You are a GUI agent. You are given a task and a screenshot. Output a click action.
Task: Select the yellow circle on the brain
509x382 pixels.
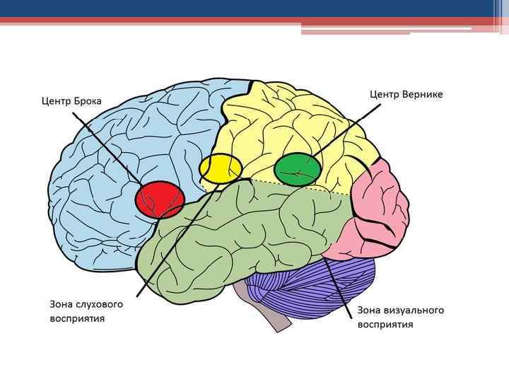point(221,169)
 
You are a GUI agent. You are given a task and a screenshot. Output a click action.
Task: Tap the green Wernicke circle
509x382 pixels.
point(298,169)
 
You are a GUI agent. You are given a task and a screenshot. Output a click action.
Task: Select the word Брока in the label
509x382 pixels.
point(87,101)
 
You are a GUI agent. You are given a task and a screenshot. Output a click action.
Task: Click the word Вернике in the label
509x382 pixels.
point(423,94)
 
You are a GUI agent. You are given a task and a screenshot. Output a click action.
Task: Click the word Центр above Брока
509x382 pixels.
point(56,101)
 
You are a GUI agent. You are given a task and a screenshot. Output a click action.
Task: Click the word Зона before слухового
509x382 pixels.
point(59,304)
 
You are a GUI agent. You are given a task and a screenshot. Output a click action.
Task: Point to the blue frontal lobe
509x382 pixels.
point(106,177)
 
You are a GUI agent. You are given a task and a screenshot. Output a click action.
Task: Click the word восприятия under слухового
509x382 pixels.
point(77,318)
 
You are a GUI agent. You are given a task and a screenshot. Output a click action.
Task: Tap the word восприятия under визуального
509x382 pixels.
point(385,325)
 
